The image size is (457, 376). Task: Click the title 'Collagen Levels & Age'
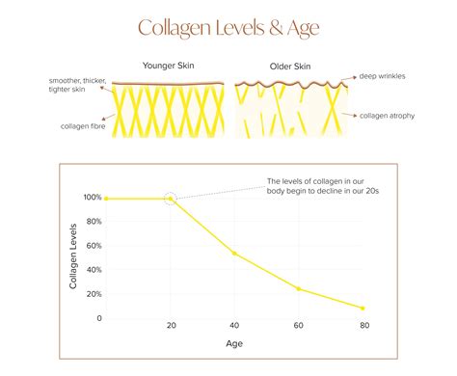[228, 27]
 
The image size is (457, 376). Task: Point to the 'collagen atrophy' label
[389, 115]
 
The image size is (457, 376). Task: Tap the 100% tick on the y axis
[92, 197]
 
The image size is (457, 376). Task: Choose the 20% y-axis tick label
[94, 295]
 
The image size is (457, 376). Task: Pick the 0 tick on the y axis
[98, 318]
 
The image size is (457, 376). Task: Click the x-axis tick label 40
[234, 328]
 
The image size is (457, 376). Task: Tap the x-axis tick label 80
[363, 328]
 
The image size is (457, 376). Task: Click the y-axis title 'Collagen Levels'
[73, 257]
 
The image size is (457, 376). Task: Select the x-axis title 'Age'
[234, 343]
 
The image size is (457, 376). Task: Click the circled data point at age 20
[171, 198]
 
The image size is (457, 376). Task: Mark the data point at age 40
[234, 254]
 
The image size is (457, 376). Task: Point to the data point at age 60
[299, 289]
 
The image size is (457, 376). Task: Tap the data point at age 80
[363, 309]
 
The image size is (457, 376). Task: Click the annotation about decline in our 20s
[322, 186]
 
